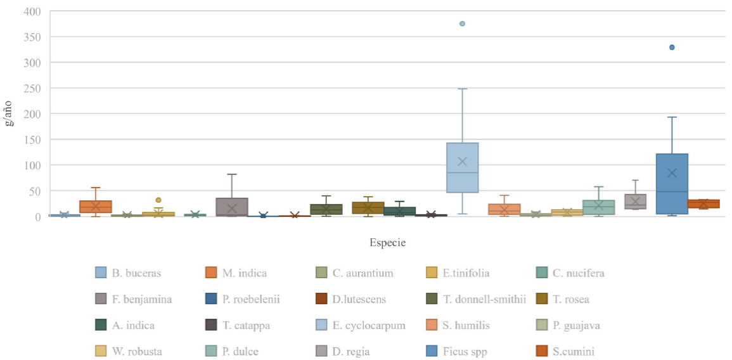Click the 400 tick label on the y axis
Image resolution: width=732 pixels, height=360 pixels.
click(32, 11)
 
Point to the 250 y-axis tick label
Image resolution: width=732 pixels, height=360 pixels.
click(32, 88)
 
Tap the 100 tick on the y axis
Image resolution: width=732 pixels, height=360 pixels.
click(32, 165)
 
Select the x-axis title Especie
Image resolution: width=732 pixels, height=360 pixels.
click(387, 243)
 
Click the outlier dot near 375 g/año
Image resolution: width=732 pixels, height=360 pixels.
click(462, 23)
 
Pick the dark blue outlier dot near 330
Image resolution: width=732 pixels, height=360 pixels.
click(672, 47)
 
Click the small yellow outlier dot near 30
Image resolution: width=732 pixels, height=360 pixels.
click(158, 200)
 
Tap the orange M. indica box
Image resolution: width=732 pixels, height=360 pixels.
click(96, 207)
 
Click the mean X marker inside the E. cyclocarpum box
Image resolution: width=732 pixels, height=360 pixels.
click(462, 162)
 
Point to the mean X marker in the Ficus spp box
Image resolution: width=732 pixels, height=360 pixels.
click(672, 173)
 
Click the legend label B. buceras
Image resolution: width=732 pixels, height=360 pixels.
click(137, 274)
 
